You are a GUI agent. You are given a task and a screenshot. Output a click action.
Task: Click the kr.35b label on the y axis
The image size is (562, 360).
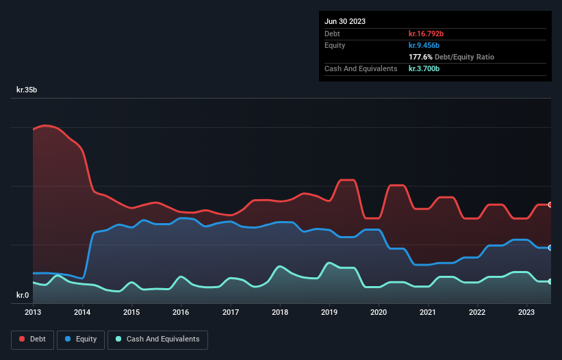click(27, 90)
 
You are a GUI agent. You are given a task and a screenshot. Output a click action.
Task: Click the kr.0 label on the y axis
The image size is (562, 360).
click(23, 295)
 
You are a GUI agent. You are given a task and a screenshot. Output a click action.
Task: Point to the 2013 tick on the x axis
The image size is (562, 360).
click(33, 312)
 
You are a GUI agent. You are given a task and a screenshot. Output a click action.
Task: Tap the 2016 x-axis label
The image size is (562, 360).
click(181, 312)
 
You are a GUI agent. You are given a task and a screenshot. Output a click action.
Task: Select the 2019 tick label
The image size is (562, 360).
click(330, 312)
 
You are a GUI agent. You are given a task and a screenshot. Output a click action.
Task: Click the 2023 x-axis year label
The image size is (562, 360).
click(527, 312)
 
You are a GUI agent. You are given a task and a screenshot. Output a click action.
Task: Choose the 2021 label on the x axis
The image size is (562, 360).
click(429, 312)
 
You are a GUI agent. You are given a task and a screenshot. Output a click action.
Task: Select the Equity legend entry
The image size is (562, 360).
click(81, 339)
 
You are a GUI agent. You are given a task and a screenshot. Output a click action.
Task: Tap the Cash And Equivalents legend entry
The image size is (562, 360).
click(157, 339)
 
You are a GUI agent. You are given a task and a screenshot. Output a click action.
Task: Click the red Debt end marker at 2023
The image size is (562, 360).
click(550, 205)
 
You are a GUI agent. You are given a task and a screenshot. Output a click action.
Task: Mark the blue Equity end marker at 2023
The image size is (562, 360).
click(550, 248)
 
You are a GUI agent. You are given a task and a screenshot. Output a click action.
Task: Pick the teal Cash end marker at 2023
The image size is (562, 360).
click(550, 281)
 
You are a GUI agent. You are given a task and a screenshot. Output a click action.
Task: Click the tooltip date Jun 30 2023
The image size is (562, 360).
click(345, 21)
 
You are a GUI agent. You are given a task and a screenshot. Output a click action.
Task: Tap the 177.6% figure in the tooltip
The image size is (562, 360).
click(420, 57)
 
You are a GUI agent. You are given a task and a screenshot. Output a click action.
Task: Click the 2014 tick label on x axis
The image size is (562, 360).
click(82, 312)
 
